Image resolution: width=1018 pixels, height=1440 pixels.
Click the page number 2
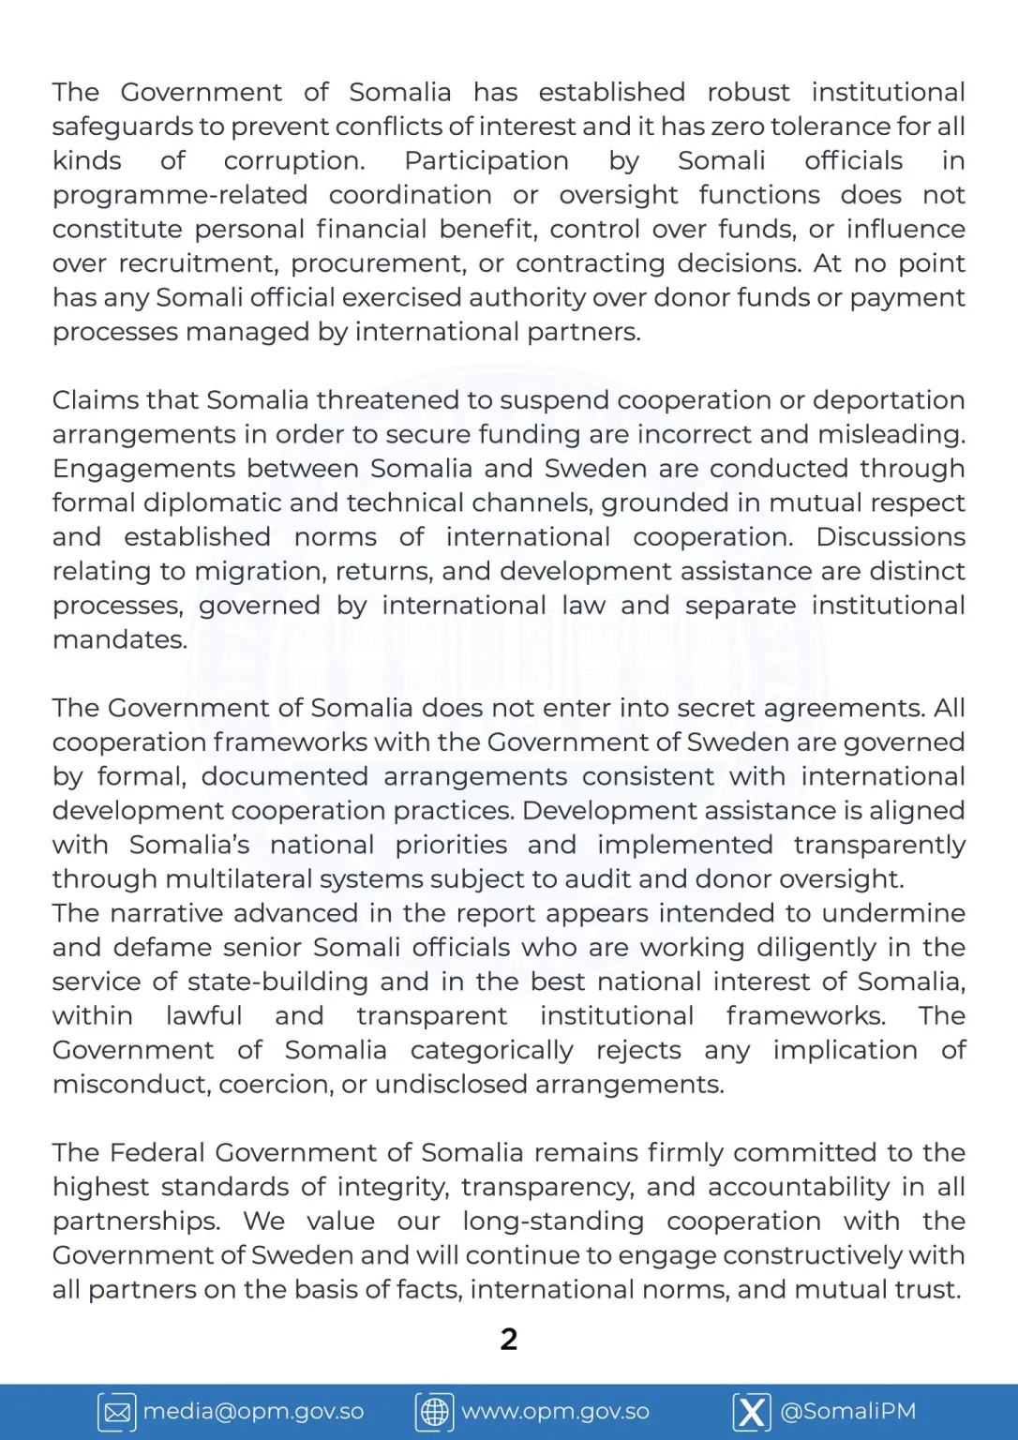509,1339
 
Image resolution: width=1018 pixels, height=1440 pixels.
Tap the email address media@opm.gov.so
253,1411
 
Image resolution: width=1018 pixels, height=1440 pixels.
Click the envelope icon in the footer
117,1412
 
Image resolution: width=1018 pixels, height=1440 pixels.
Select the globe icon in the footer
434,1412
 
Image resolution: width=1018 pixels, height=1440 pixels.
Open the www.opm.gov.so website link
555,1411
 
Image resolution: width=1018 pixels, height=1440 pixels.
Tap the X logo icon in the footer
751,1412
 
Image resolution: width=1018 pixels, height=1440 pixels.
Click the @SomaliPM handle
848,1411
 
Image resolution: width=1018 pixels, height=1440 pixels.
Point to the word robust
748,92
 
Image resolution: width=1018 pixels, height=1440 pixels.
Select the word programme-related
180,195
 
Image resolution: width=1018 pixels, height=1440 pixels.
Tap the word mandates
119,640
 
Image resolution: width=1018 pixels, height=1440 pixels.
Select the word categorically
491,1050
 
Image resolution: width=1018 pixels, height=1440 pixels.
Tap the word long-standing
553,1222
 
